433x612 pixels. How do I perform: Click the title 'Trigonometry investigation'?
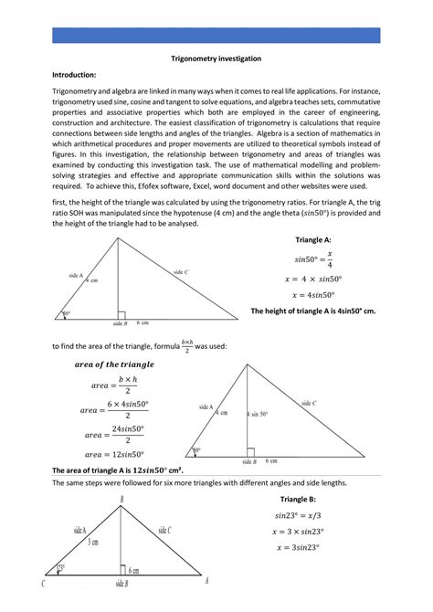216,58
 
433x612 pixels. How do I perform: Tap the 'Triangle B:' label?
298,500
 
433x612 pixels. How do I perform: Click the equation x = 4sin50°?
312,295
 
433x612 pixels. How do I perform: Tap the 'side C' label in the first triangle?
181,271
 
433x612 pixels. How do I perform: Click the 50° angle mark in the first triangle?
66,314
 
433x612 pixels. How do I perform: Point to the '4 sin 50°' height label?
259,414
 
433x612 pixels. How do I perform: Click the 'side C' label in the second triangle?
308,403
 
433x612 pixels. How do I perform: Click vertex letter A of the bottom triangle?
206,580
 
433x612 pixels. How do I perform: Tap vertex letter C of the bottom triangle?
44,582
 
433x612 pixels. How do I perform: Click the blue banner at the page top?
216,35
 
